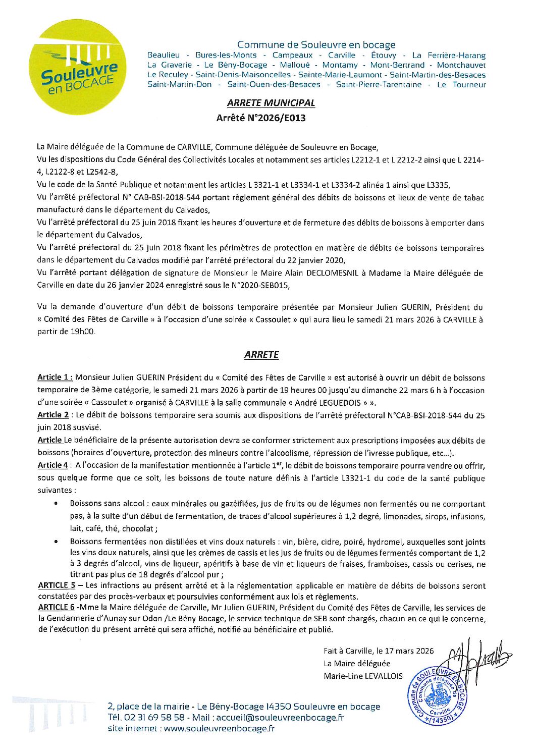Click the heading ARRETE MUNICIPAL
click(271, 103)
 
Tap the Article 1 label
click(55, 377)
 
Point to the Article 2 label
click(52, 415)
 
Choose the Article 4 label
click(52, 465)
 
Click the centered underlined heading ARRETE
click(261, 355)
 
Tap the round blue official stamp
click(437, 695)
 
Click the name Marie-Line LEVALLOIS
click(363, 676)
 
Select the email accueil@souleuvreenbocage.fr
click(287, 718)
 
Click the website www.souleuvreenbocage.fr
click(219, 728)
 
